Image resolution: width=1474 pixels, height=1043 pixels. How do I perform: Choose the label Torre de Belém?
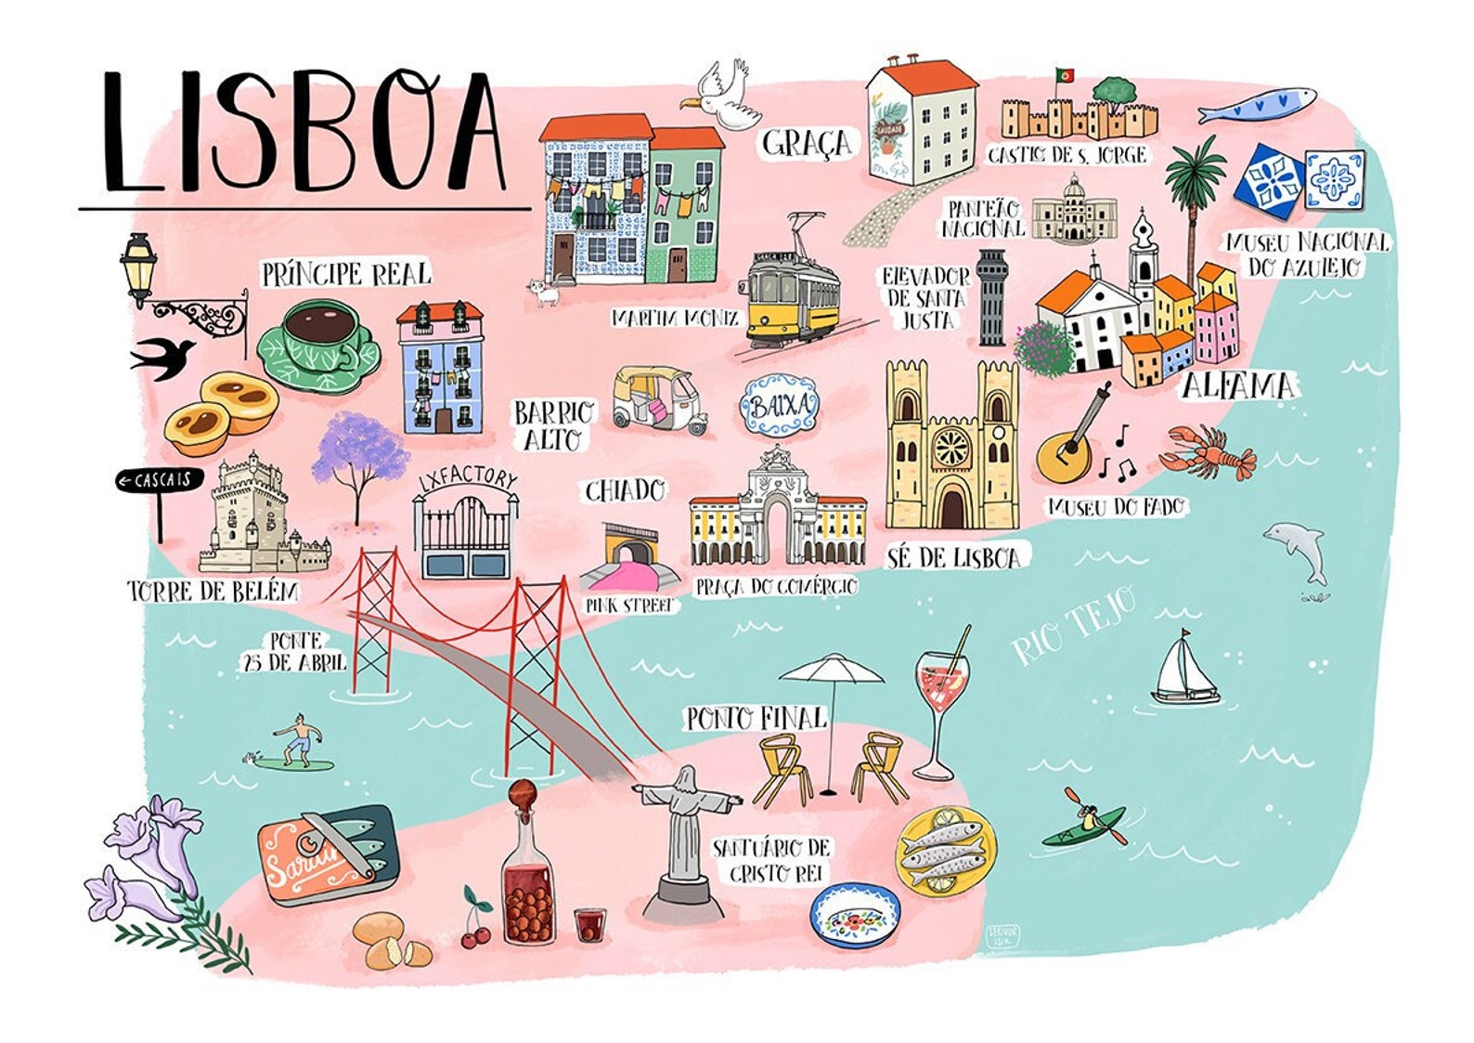[213, 592]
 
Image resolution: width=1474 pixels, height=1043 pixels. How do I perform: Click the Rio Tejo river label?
[1074, 624]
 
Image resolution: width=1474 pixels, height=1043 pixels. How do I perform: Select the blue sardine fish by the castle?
[1257, 104]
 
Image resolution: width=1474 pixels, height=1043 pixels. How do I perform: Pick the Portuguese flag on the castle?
[1065, 73]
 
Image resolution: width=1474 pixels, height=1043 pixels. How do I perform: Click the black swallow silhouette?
[163, 356]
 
